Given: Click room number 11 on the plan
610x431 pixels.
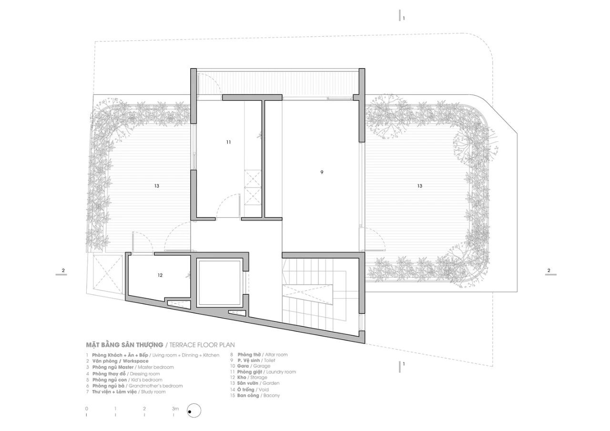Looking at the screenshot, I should tap(229, 142).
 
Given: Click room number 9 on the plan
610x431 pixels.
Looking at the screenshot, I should tap(322, 172).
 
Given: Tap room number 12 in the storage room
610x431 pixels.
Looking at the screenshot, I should tap(160, 275).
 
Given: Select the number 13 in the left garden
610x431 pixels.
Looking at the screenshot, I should tap(156, 186).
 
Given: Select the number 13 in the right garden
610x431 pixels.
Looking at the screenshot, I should tap(419, 186).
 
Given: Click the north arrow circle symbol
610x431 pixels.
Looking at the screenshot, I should tap(194, 410).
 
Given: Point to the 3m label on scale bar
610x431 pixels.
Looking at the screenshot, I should tap(175, 409).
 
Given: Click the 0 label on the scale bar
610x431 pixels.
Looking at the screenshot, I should tap(86, 409).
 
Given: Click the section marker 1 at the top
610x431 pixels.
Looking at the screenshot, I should tap(403, 18).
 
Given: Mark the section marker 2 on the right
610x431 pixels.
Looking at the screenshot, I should tap(549, 271).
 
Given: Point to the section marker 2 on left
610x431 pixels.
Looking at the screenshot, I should tap(63, 271).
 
